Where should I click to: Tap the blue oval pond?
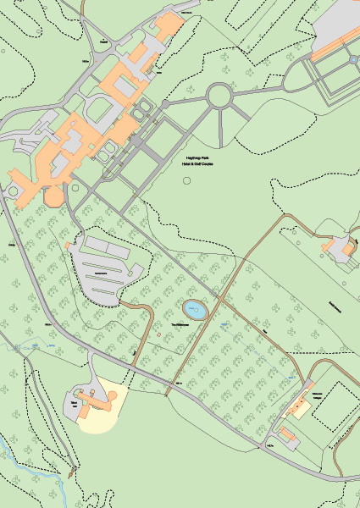(x=196, y=311)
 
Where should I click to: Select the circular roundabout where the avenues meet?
(x=220, y=96)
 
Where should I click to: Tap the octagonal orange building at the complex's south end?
(x=53, y=198)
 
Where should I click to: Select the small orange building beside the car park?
(x=68, y=246)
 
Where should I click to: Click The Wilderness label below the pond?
(x=179, y=325)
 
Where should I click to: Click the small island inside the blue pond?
(x=194, y=310)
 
